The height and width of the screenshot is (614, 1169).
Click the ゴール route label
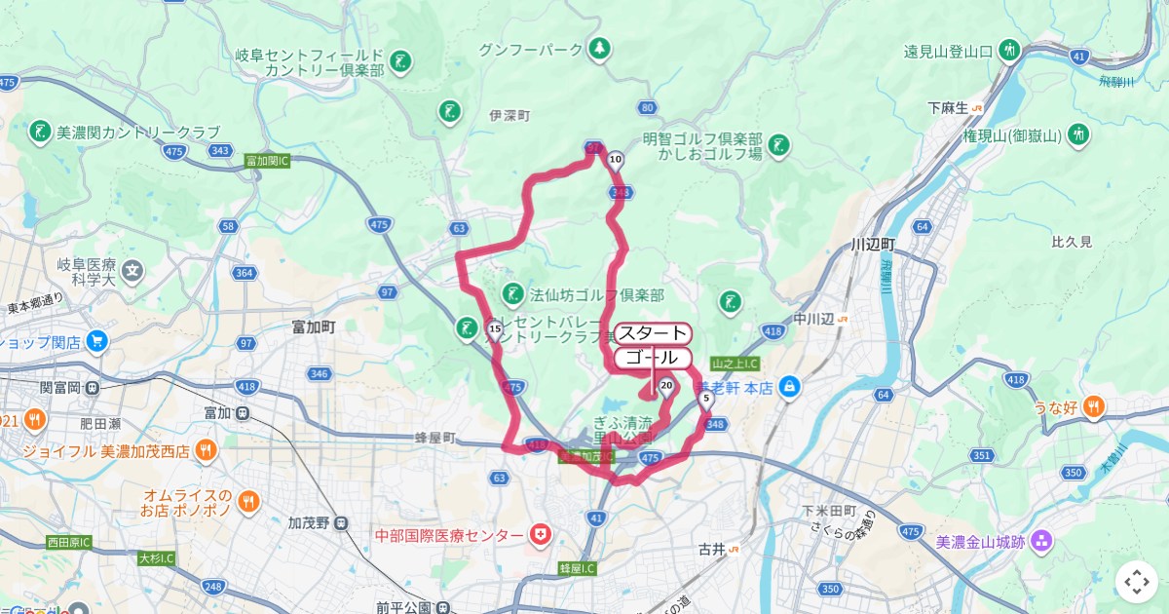tap(653, 358)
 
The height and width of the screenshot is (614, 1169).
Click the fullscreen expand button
tap(1137, 582)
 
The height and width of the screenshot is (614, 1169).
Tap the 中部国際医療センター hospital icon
tap(539, 535)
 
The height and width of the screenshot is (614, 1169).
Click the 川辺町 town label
tap(872, 244)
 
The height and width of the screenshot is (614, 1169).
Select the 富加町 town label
tap(314, 327)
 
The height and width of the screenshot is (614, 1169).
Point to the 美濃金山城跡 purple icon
tap(1041, 541)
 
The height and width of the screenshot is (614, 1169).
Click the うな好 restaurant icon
tap(1094, 406)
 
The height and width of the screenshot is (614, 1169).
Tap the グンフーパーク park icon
tap(600, 48)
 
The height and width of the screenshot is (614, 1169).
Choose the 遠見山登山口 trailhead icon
tap(1009, 50)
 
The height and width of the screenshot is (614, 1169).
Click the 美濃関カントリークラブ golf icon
tap(40, 132)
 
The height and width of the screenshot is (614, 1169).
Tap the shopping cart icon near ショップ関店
tap(96, 342)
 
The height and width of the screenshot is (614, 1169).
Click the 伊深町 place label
tap(509, 115)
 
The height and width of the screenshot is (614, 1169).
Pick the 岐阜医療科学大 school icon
tap(132, 269)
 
